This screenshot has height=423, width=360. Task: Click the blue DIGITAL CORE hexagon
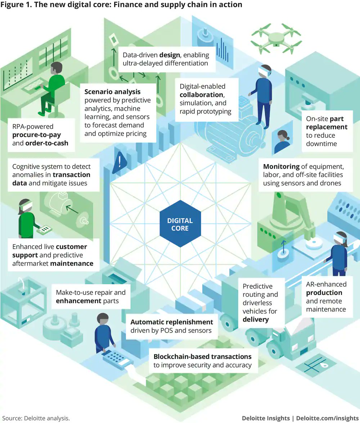180,224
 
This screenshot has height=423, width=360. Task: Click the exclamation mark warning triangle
119,163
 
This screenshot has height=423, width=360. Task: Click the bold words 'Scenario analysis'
112,92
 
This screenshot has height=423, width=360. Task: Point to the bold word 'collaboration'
202,95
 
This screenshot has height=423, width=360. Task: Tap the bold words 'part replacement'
327,123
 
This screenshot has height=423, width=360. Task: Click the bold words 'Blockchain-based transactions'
202,356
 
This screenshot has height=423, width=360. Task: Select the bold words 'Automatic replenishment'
172,322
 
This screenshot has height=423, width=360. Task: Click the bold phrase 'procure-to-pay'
37,135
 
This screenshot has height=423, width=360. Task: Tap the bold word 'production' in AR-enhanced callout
324,292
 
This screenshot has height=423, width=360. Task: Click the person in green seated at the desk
54,86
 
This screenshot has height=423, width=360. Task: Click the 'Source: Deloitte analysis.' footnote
35,418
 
